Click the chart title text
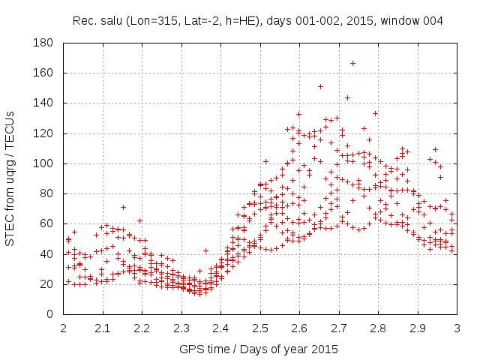(x=258, y=20)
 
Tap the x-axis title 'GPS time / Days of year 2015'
(x=259, y=349)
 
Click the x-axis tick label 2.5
(x=260, y=328)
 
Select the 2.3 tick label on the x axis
(x=181, y=328)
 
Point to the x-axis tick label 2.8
(x=378, y=328)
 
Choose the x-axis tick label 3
(x=457, y=328)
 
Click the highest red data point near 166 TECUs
(x=352, y=63)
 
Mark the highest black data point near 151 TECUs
(x=320, y=86)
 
